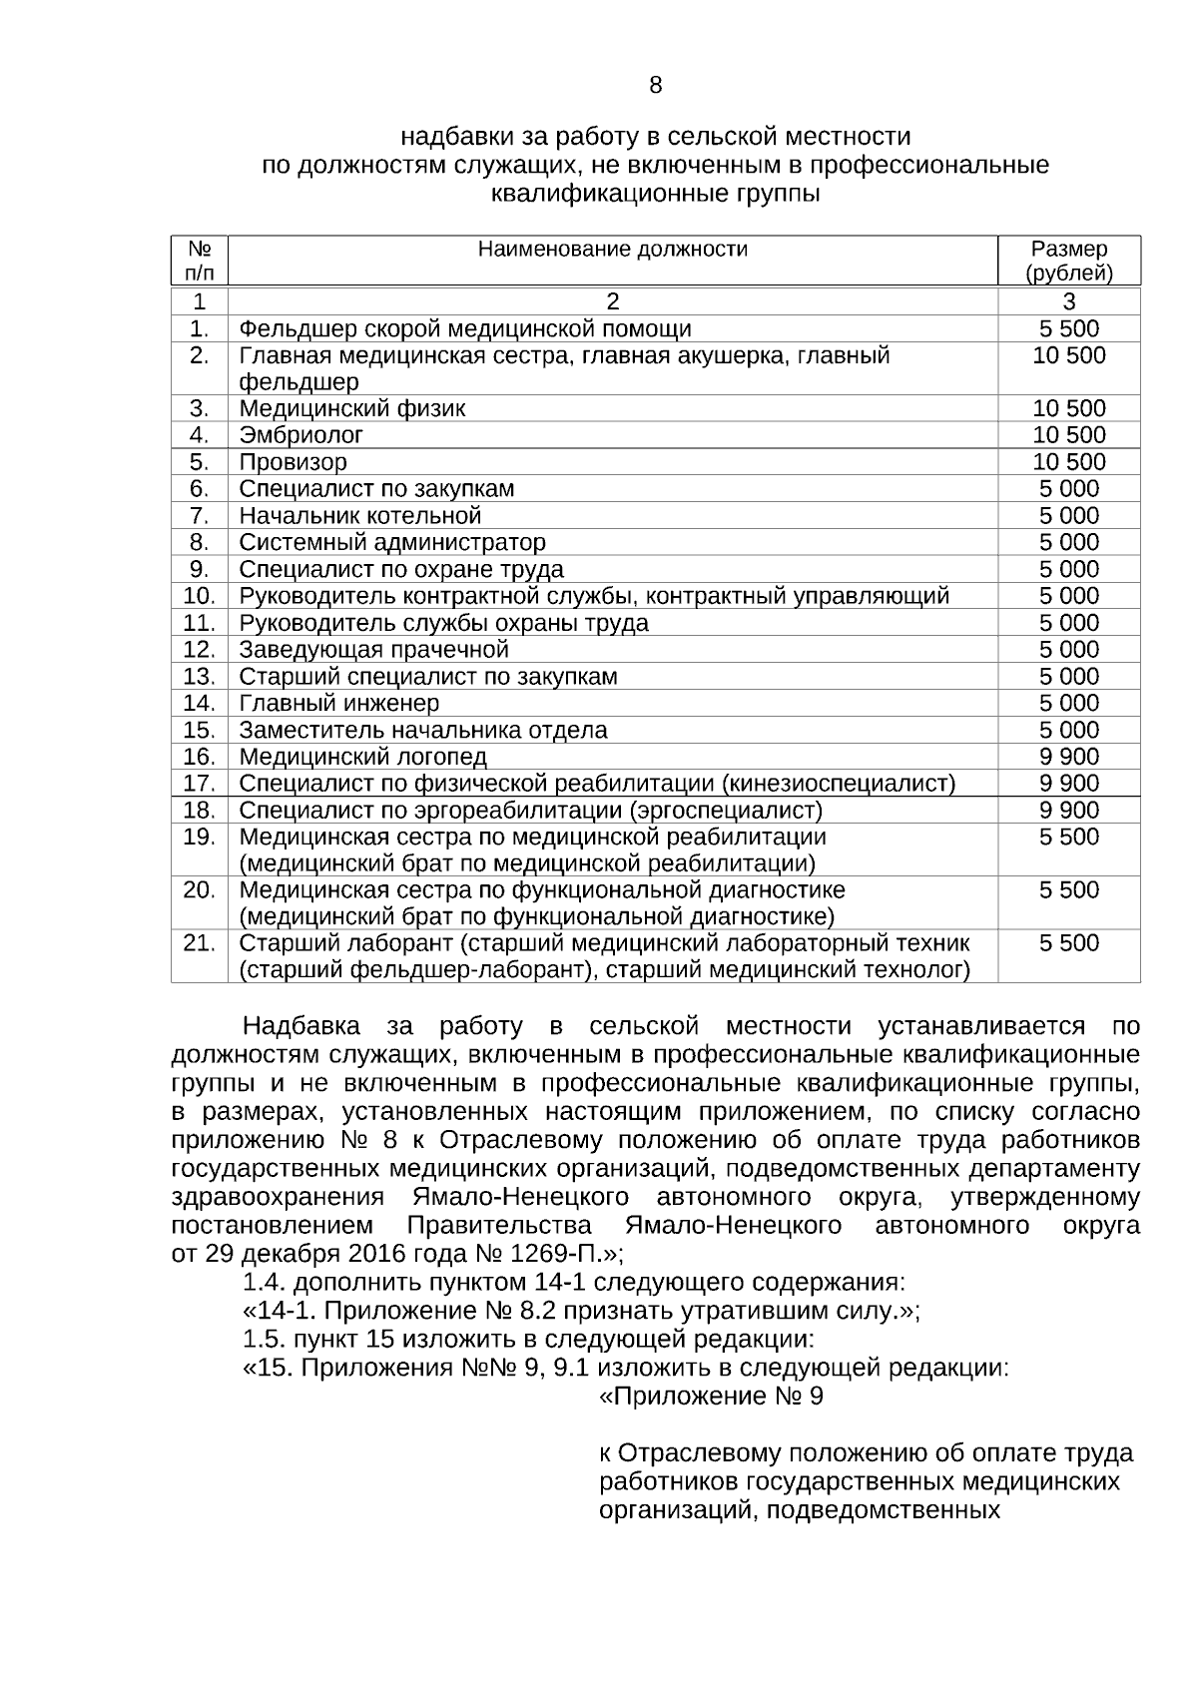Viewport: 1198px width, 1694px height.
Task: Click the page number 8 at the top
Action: [655, 86]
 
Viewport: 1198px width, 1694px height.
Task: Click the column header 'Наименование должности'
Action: [612, 250]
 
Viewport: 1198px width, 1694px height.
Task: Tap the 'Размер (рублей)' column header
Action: [1068, 261]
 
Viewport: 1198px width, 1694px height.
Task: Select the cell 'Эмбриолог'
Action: [300, 435]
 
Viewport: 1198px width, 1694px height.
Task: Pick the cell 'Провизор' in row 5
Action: [293, 462]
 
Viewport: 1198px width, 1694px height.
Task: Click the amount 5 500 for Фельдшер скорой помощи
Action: [1068, 329]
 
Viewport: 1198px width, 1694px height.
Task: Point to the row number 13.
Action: [200, 677]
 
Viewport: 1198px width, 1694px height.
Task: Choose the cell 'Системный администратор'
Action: [391, 542]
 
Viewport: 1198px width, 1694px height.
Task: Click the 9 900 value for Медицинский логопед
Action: [1068, 757]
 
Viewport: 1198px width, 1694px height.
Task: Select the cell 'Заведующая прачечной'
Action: [373, 650]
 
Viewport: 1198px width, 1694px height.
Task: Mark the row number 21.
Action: [200, 943]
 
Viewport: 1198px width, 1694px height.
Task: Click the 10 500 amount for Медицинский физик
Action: [1068, 408]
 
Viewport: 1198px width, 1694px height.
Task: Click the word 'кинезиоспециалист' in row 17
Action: [837, 784]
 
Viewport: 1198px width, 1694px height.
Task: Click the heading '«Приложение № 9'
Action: [710, 1396]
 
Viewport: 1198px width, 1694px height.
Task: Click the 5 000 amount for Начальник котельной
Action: [1068, 516]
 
